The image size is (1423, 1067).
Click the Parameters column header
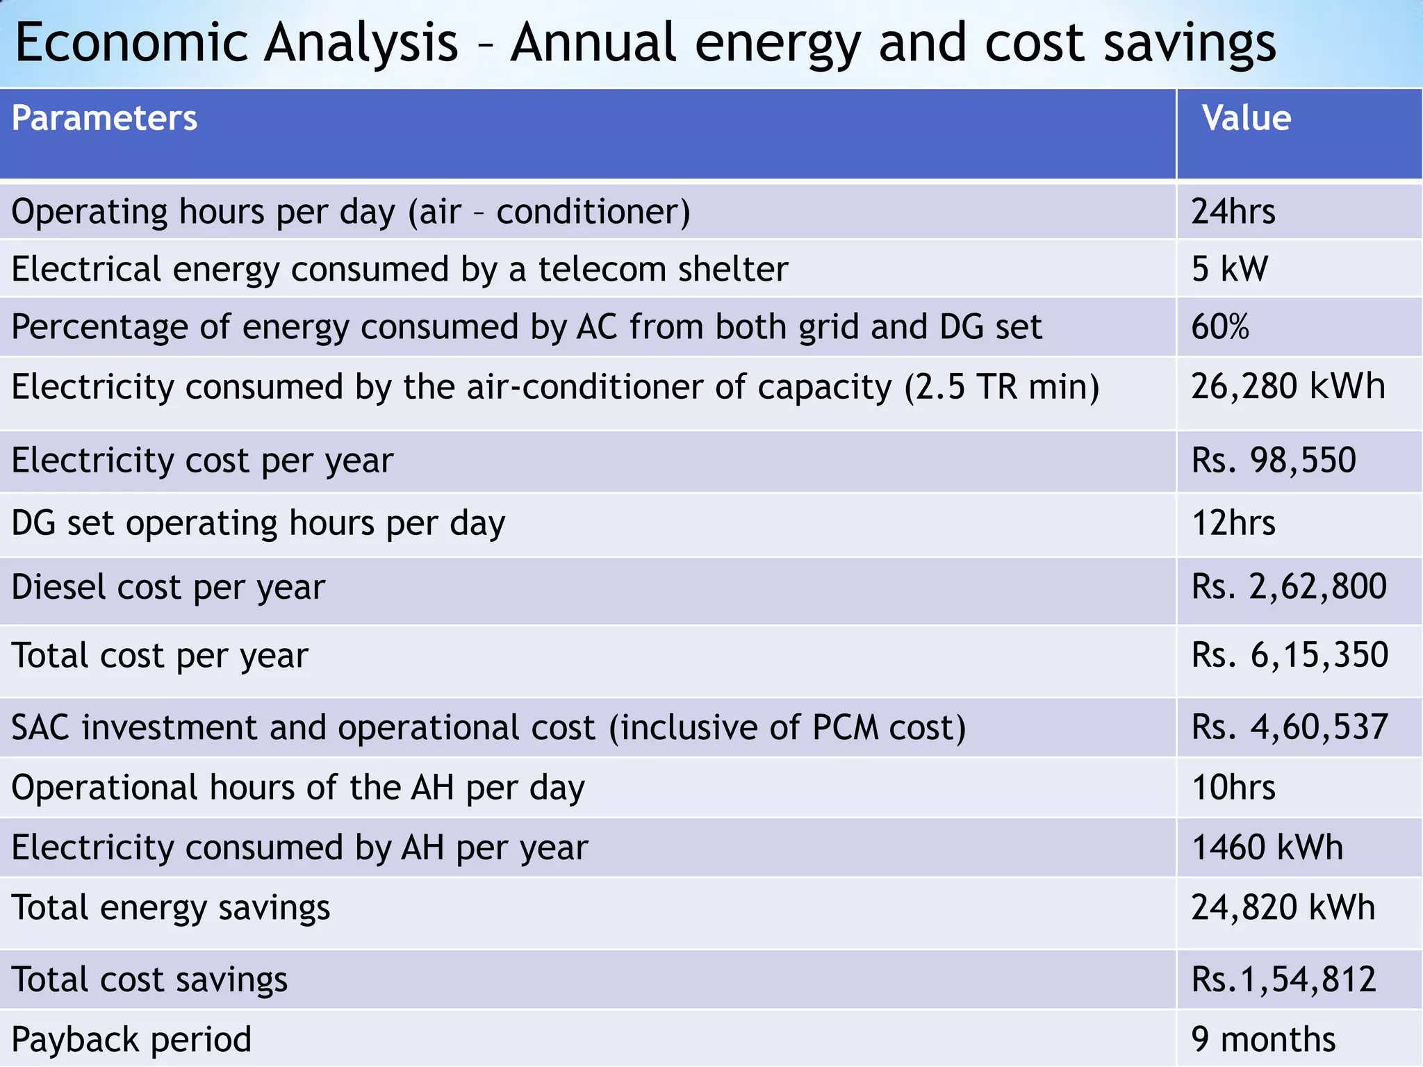(104, 118)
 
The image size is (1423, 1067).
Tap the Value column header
(1247, 118)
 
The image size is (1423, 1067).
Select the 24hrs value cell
(1233, 212)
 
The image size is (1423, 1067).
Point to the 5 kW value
(1229, 270)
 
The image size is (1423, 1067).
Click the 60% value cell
(1219, 327)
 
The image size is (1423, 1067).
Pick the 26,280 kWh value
(1288, 387)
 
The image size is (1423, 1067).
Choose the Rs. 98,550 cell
(1274, 461)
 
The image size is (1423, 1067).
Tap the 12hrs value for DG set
(1233, 523)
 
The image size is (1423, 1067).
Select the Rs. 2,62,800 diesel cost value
(1289, 587)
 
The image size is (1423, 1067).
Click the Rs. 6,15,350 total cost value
(1290, 656)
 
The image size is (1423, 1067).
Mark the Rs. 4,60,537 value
(1290, 727)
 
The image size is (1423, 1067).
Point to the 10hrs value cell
(1233, 788)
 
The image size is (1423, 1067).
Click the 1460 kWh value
(1267, 847)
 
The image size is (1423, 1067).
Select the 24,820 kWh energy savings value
(1283, 908)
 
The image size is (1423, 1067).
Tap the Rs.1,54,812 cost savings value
(1283, 979)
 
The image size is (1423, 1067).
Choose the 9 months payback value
(1263, 1040)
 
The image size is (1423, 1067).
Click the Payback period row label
(131, 1040)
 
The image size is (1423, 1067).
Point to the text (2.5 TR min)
(1001, 387)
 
